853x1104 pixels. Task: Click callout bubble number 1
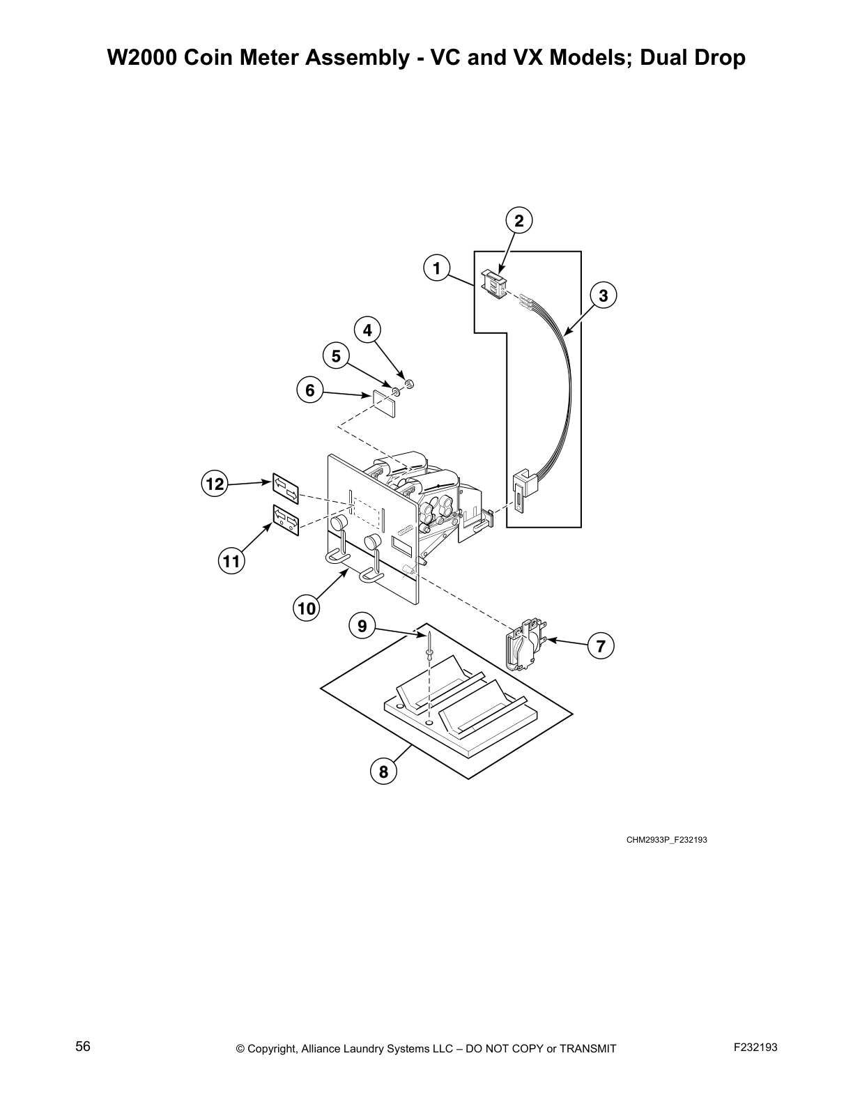436,268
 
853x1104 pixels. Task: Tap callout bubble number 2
518,221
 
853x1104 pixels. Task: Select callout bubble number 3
603,296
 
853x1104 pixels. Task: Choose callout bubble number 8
383,772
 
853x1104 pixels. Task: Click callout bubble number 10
307,609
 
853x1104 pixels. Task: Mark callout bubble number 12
215,483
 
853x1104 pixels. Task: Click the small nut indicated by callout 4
410,383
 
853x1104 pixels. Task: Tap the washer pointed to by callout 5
396,390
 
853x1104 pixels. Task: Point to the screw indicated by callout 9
431,645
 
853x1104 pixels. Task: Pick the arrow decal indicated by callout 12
286,489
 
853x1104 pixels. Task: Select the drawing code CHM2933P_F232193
666,840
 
